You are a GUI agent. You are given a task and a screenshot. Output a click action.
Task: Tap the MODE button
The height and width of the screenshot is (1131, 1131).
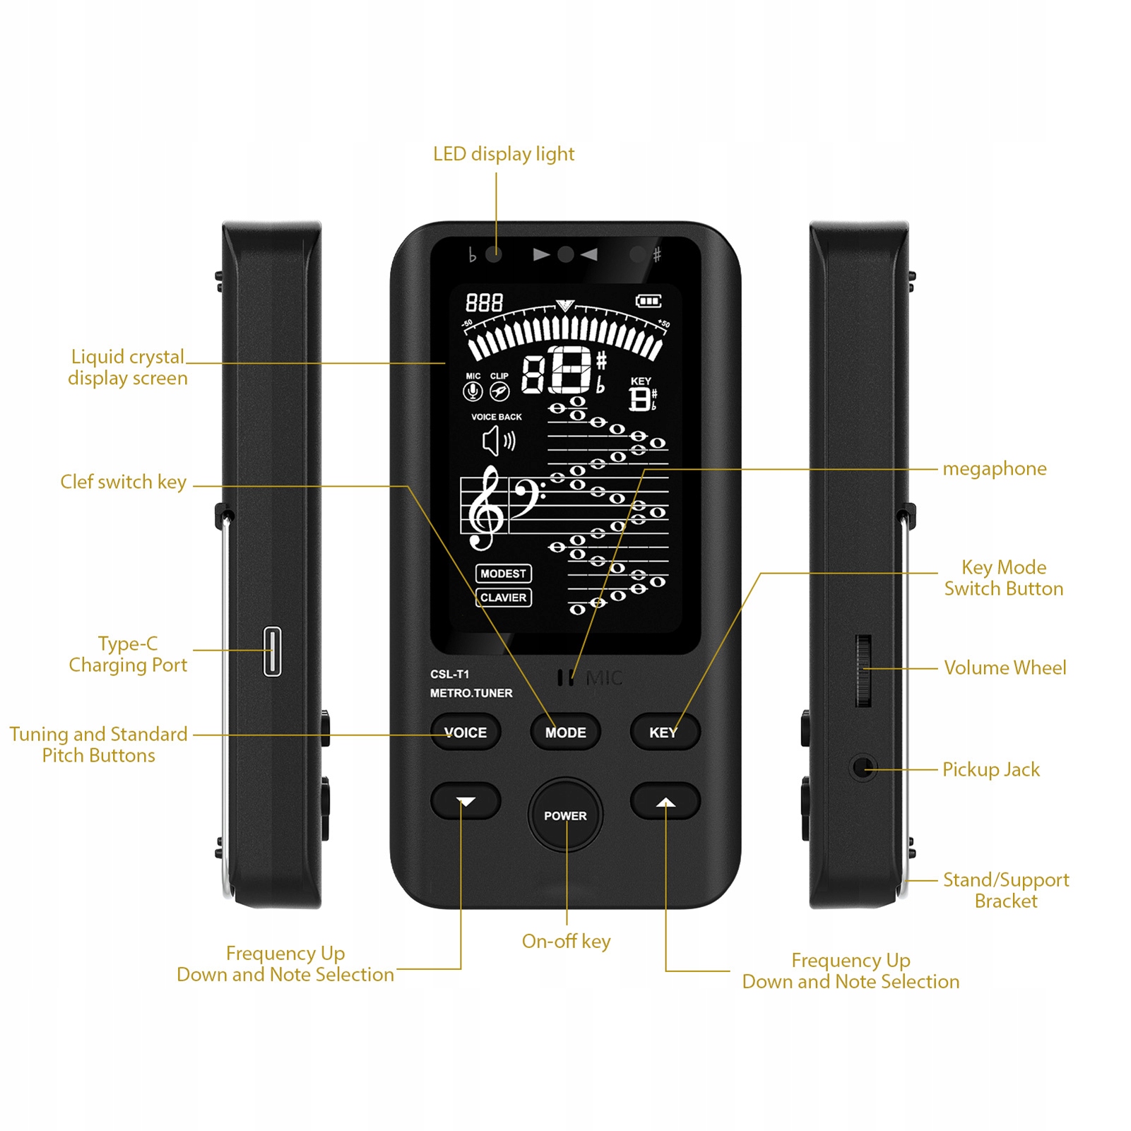pyautogui.click(x=565, y=733)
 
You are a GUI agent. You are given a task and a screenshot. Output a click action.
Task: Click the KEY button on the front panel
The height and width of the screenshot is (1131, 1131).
pyautogui.click(x=664, y=733)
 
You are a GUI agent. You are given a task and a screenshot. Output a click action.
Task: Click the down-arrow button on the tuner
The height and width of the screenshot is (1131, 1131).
pyautogui.click(x=466, y=801)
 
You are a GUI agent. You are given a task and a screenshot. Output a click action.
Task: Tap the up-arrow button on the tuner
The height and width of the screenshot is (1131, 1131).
pyautogui.click(x=665, y=801)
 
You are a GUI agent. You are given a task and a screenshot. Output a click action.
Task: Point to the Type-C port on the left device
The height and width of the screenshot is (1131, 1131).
pyautogui.click(x=272, y=651)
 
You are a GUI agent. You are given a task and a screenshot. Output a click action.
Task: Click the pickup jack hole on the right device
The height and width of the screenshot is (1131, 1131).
pyautogui.click(x=861, y=766)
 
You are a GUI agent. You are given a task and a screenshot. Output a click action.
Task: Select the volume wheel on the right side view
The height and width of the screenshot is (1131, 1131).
pyautogui.click(x=863, y=670)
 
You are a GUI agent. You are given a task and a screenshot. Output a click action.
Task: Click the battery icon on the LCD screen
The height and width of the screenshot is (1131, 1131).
pyautogui.click(x=648, y=302)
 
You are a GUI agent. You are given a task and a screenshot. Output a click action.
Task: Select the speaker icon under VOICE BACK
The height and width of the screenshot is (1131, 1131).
pyautogui.click(x=498, y=442)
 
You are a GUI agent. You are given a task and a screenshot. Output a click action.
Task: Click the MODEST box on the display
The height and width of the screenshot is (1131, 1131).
pyautogui.click(x=503, y=574)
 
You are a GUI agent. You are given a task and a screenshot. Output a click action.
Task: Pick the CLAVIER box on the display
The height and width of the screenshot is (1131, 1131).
pyautogui.click(x=503, y=598)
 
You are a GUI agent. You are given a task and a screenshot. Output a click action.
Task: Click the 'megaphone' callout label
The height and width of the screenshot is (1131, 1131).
pyautogui.click(x=994, y=469)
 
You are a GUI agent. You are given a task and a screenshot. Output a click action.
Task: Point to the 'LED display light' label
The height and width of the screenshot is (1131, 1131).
pyautogui.click(x=503, y=154)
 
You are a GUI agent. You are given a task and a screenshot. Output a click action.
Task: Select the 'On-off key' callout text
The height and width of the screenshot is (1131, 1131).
pyautogui.click(x=566, y=941)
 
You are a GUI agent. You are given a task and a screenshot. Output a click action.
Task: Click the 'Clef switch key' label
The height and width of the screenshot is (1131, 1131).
pyautogui.click(x=124, y=482)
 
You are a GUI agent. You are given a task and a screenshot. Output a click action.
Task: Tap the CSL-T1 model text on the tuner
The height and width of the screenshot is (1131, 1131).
pyautogui.click(x=449, y=674)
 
